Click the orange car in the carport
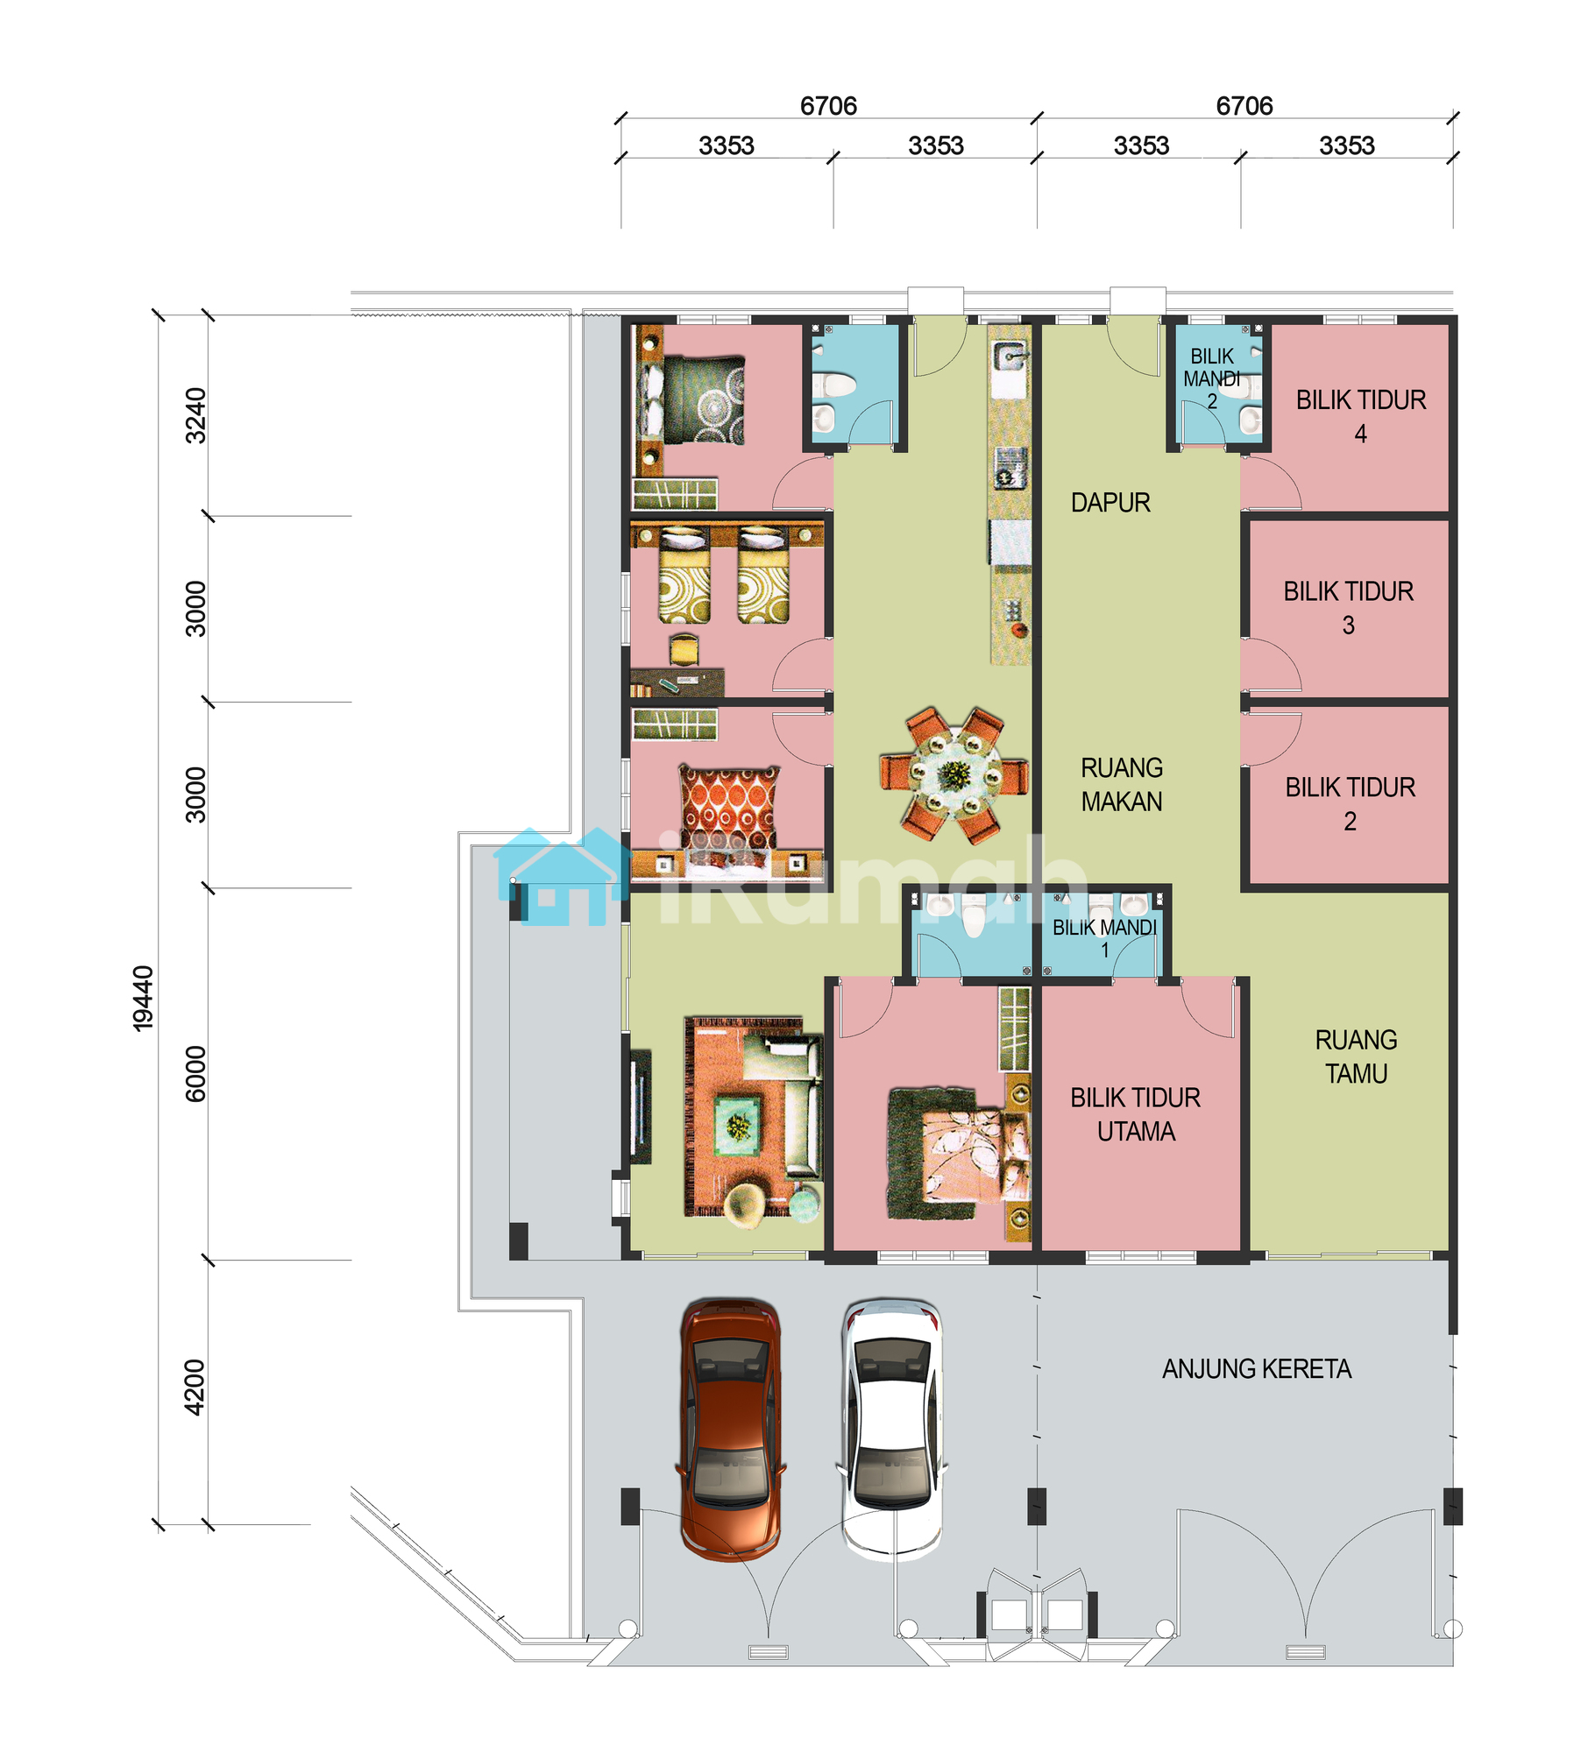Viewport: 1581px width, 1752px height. click(x=730, y=1431)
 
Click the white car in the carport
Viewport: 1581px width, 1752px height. click(x=892, y=1431)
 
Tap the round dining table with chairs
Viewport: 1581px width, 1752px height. click(x=954, y=775)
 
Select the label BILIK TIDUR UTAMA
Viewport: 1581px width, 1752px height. click(x=1135, y=1114)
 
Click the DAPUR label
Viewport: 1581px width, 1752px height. click(x=1110, y=503)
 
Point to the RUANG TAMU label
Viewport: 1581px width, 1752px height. click(x=1356, y=1056)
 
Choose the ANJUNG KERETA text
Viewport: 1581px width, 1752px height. click(x=1257, y=1369)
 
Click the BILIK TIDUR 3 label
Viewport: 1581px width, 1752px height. click(x=1349, y=608)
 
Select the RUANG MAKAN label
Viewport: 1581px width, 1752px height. click(x=1122, y=785)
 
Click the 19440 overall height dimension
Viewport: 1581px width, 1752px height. click(x=143, y=999)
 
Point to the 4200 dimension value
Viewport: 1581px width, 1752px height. click(x=195, y=1388)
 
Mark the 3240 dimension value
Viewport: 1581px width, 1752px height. click(x=195, y=416)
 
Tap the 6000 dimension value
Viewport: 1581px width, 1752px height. click(x=195, y=1074)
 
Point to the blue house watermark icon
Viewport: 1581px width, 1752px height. click(x=561, y=876)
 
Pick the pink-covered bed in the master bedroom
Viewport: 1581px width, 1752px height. click(x=958, y=1154)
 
